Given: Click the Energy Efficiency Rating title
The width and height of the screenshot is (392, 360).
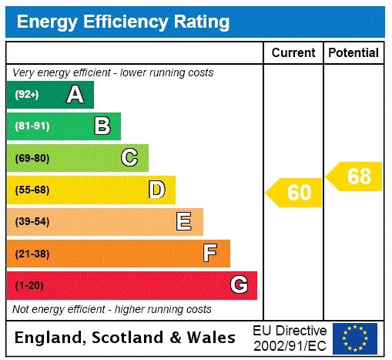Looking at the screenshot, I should pos(123,22).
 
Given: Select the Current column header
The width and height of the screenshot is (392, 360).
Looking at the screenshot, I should pos(293,53).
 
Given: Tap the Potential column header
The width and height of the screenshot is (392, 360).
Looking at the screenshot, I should pos(353,53).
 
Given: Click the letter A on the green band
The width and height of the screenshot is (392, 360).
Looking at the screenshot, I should pos(75,95).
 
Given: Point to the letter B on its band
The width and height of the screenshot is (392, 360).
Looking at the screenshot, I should pos(102,126).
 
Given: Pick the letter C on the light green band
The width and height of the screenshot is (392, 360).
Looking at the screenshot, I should pos(129,158).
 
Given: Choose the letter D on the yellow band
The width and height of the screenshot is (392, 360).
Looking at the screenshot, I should pos(156,190).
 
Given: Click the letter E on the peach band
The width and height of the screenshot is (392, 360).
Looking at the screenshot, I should pos(184,222).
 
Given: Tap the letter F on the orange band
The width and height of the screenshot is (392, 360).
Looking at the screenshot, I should pos(210,253).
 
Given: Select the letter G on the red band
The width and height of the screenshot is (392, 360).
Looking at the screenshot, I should pos(239,285).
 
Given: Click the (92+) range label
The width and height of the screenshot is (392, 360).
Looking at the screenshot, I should pos(27,95).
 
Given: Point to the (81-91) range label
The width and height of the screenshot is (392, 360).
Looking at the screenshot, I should pos(32,126).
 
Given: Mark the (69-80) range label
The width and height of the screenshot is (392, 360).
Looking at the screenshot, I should pos(32,158).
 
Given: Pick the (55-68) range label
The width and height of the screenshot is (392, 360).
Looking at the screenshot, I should pos(32,190).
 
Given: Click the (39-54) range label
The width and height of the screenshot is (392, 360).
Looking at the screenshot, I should pos(32,222).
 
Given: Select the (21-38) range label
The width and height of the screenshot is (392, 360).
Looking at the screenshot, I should pos(32,254).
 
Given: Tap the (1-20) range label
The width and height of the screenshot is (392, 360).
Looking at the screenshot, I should pos(29,285).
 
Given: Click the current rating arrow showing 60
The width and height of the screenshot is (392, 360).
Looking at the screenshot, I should pos(296,193).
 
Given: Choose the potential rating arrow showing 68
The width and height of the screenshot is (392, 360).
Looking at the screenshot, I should pos(355,177).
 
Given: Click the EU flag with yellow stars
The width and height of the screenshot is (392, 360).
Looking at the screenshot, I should pos(355,338).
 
